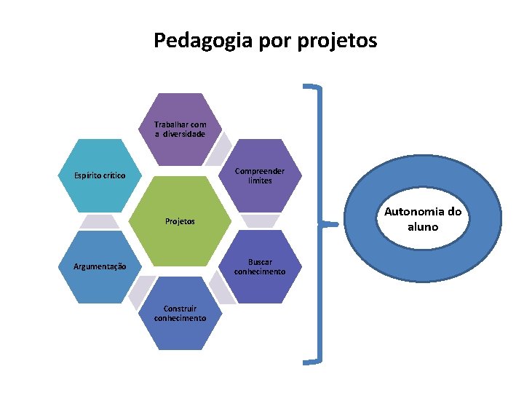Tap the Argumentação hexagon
[x=100, y=266]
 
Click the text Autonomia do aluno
[x=423, y=219]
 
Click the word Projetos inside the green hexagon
[x=180, y=221]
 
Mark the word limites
[x=260, y=180]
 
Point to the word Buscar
[x=260, y=261]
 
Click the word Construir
[x=180, y=309]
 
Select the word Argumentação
[x=100, y=266]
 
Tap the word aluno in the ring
[x=423, y=226]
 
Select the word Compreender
[x=260, y=171]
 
